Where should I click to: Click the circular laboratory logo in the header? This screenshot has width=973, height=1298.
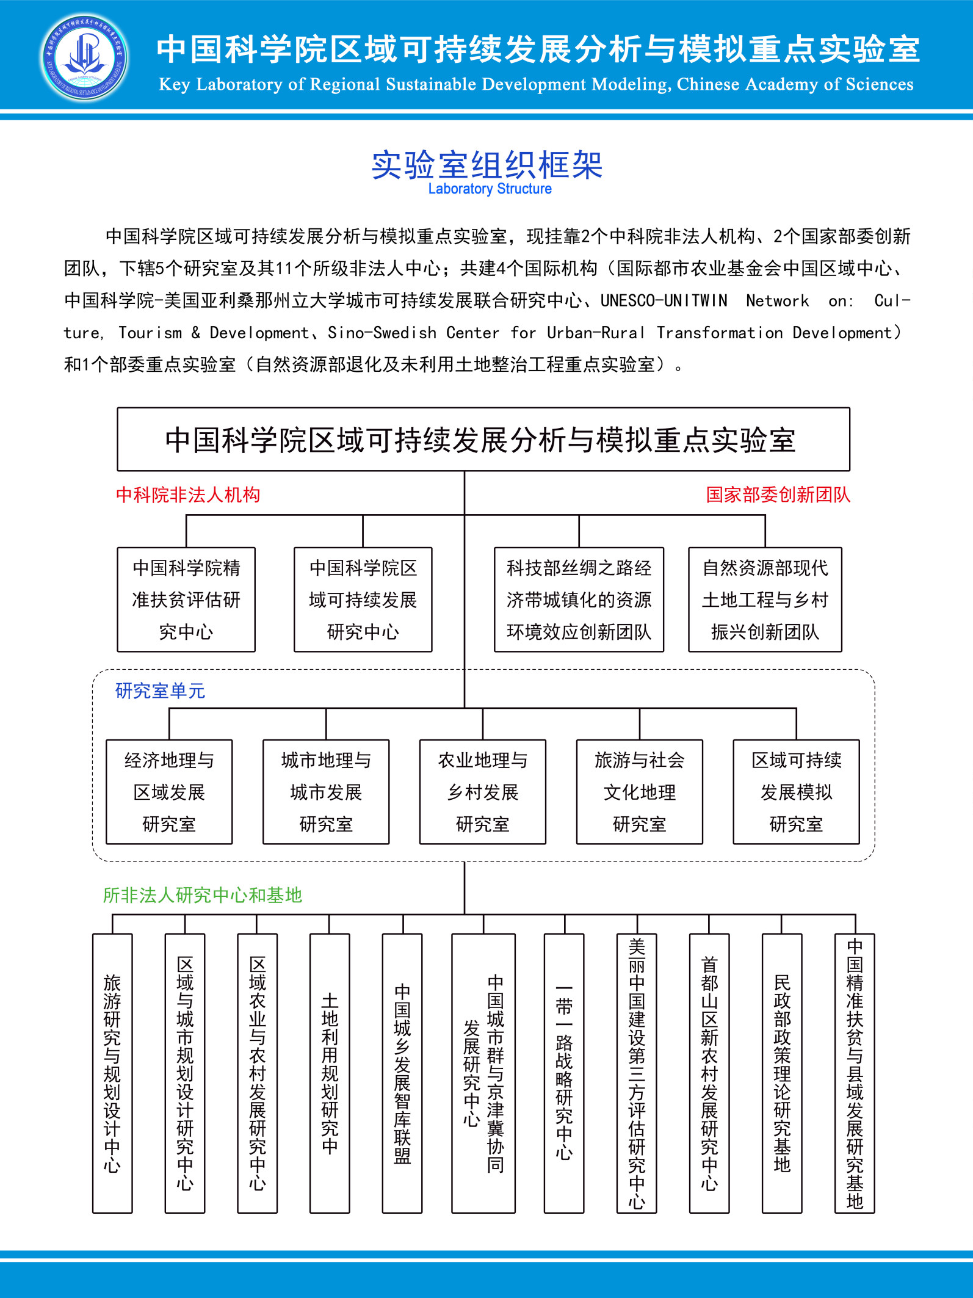pyautogui.click(x=84, y=57)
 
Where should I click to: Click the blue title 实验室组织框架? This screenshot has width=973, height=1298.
pyautogui.click(x=486, y=165)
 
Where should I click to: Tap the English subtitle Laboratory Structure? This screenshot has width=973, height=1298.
pyautogui.click(x=490, y=189)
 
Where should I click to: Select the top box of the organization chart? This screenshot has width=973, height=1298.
pyautogui.click(x=483, y=440)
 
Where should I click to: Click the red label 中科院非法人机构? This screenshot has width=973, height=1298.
pyautogui.click(x=188, y=495)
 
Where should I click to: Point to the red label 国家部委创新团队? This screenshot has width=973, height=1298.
pyautogui.click(x=778, y=495)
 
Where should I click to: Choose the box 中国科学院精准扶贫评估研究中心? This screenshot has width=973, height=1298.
pyautogui.click(x=186, y=600)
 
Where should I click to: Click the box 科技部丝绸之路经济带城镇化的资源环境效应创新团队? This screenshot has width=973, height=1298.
pyautogui.click(x=579, y=600)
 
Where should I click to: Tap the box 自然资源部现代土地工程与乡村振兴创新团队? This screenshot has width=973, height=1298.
pyautogui.click(x=765, y=600)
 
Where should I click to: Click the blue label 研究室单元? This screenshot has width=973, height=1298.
pyautogui.click(x=160, y=691)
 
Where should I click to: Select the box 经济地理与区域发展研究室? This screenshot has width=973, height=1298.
pyautogui.click(x=169, y=792)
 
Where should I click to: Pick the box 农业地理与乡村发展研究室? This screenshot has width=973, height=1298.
pyautogui.click(x=482, y=792)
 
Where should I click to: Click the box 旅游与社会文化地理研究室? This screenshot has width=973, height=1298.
pyautogui.click(x=639, y=792)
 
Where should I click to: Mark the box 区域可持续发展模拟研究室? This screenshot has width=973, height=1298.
pyautogui.click(x=796, y=792)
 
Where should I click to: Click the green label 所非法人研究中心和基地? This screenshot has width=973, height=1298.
pyautogui.click(x=202, y=895)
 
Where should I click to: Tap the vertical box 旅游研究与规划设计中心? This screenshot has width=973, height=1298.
pyautogui.click(x=112, y=1073)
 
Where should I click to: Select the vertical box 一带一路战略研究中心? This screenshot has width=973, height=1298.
pyautogui.click(x=564, y=1073)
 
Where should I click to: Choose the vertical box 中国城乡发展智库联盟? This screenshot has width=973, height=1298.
pyautogui.click(x=402, y=1073)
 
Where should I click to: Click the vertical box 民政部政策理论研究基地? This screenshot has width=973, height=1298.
pyautogui.click(x=782, y=1073)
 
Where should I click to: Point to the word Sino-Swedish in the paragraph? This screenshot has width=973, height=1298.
pyautogui.click(x=382, y=333)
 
